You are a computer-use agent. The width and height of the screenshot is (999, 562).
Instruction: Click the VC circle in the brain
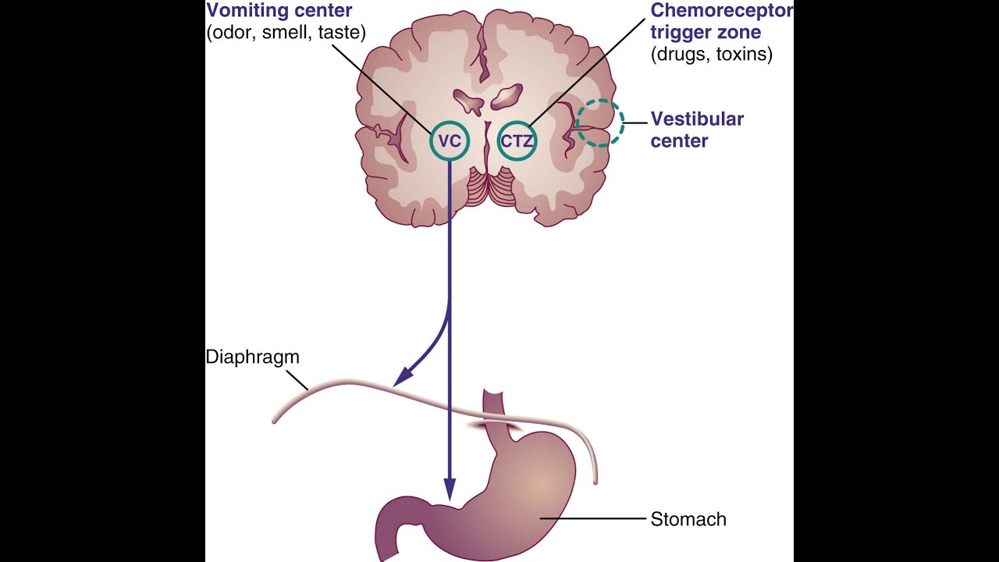tap(450, 141)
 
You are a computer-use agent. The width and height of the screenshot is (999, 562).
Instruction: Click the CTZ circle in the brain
tap(517, 141)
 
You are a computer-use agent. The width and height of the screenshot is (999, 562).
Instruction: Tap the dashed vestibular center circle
tap(599, 124)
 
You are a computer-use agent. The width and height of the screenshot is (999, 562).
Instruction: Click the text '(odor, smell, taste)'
tap(286, 33)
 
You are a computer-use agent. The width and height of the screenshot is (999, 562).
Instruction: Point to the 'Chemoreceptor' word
tap(721, 11)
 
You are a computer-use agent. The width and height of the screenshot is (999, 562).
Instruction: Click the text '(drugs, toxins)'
tap(711, 55)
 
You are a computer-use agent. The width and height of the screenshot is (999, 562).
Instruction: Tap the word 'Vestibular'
tap(697, 119)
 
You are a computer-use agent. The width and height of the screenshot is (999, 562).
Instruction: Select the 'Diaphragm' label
tap(252, 357)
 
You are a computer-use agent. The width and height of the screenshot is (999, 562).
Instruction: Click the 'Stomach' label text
tap(688, 519)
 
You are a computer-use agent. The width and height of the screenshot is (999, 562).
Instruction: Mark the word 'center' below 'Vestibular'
tap(679, 141)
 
